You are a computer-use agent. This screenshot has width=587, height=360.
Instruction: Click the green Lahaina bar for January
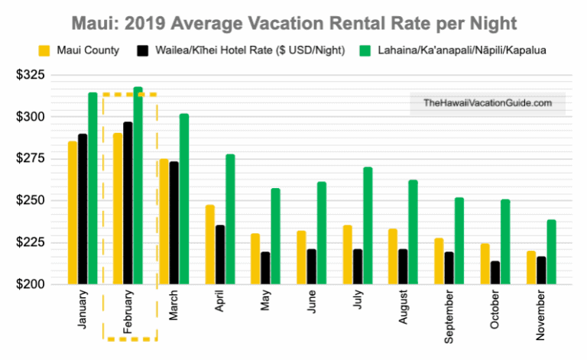pos(92,188)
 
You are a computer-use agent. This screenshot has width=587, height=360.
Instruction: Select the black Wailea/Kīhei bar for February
pos(128,203)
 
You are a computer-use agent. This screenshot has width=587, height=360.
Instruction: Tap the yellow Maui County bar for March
pos(163,222)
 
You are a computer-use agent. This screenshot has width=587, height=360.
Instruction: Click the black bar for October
pos(495,273)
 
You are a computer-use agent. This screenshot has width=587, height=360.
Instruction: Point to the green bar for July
pos(368,225)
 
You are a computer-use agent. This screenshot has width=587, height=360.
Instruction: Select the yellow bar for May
pos(255,259)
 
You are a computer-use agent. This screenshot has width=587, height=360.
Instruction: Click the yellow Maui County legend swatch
pos(46,51)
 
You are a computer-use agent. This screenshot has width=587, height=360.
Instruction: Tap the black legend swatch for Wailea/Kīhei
pos(142,51)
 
